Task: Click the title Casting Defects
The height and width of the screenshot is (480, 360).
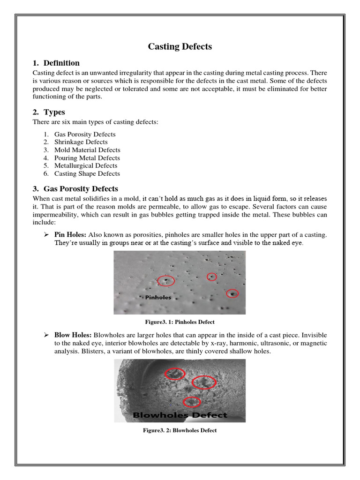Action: click(180, 46)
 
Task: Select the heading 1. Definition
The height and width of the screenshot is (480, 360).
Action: click(56, 63)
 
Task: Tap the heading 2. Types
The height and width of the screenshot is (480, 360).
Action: click(49, 112)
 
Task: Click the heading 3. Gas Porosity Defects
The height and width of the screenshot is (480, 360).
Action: click(75, 189)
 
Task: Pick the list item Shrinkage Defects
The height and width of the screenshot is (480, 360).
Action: click(81, 142)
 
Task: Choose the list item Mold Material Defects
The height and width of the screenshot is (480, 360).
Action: click(87, 150)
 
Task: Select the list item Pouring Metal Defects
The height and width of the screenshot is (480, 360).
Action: click(87, 158)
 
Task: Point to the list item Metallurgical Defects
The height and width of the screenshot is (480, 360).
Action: click(86, 165)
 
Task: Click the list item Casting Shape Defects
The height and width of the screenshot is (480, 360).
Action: click(87, 173)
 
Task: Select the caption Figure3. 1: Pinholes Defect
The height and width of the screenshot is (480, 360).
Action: click(180, 322)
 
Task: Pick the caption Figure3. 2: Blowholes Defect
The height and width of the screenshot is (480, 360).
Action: click(180, 430)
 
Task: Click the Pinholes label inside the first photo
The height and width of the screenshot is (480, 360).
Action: click(158, 297)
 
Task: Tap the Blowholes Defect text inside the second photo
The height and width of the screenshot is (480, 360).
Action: click(180, 415)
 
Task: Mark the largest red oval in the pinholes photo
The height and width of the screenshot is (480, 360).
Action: click(166, 280)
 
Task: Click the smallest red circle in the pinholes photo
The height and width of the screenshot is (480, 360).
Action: click(212, 277)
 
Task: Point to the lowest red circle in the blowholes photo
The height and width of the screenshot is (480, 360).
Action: click(191, 402)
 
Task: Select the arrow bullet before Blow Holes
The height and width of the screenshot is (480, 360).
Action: click(46, 335)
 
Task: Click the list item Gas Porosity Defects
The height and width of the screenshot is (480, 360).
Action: click(84, 134)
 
